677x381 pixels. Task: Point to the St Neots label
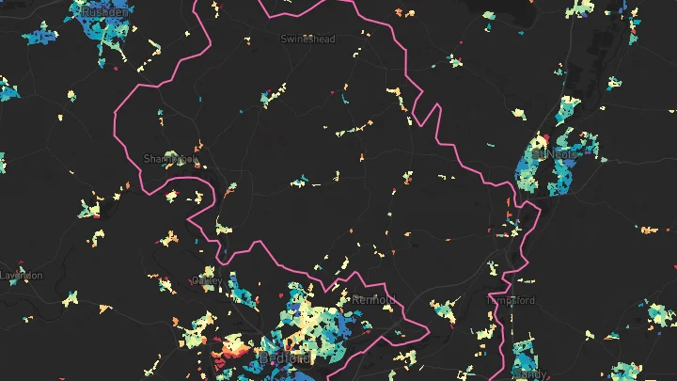(x=551, y=152)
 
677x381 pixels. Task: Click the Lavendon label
(x=21, y=276)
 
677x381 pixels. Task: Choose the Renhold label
(x=375, y=300)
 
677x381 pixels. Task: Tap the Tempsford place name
(x=511, y=301)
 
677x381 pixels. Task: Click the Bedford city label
(x=283, y=359)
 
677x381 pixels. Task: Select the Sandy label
(x=530, y=374)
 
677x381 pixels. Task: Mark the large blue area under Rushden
(x=105, y=38)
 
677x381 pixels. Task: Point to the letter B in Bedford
(x=263, y=359)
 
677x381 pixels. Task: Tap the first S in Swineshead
(x=284, y=40)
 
